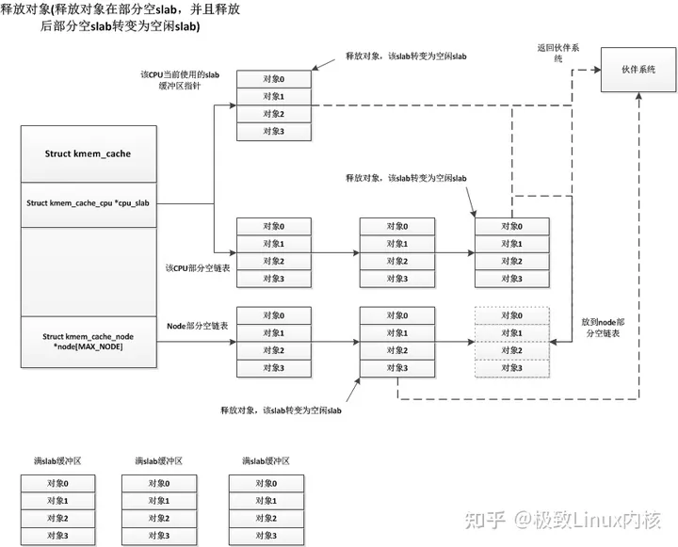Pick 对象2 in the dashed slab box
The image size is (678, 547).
coord(511,350)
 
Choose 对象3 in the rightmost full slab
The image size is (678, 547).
coord(266,535)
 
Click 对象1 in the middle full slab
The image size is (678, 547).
coord(158,501)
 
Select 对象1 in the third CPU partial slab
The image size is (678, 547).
coord(512,243)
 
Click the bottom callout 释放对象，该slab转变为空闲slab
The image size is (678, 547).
coord(280,411)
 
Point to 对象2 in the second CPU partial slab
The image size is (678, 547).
coord(397,261)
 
